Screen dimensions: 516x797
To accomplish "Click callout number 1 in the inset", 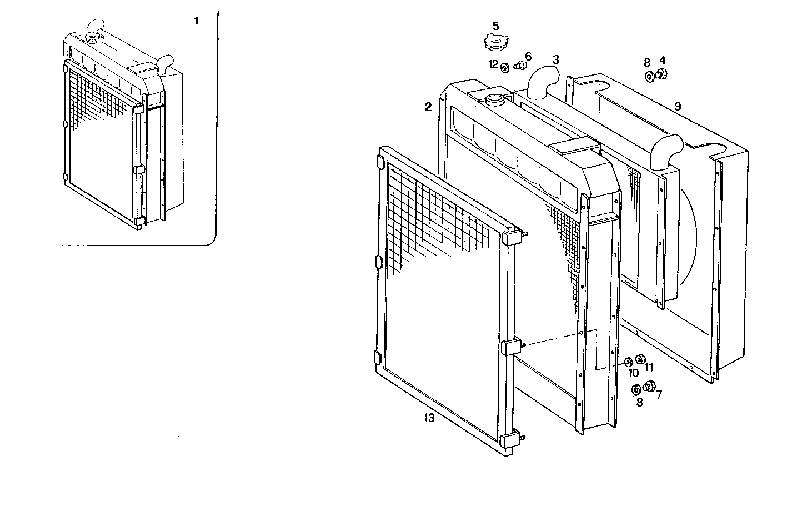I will pos(196,21).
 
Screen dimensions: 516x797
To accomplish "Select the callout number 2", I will pos(428,107).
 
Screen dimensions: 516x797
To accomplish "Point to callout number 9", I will pos(678,106).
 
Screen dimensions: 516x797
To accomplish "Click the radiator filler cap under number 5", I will pos(495,42).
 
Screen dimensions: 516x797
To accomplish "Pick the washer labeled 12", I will pos(505,68).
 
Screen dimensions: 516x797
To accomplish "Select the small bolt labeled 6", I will pos(520,66).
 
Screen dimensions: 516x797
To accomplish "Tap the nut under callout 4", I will pos(662,73).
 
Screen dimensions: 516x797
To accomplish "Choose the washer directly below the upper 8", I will pos(649,76).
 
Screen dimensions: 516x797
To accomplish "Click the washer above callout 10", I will pos(628,362).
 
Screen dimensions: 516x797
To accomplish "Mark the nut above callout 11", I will pos(640,359).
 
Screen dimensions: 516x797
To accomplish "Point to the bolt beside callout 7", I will pos(649,386).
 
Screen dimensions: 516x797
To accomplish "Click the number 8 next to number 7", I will pos(639,403).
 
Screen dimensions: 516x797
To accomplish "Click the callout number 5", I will pos(495,26).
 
